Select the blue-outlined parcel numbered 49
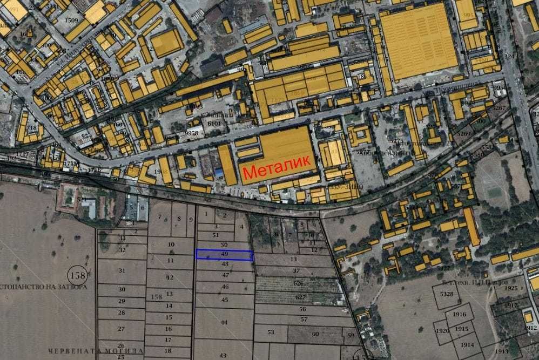click(224, 255)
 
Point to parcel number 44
click(224, 322)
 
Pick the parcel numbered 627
click(301, 297)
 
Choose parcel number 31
click(122, 270)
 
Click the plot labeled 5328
click(447, 294)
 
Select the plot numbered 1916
click(460, 315)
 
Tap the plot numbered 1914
click(467, 345)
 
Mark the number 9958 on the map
click(191, 133)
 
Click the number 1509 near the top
click(71, 21)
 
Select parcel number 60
click(315, 334)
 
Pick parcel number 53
click(270, 332)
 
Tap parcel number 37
click(296, 270)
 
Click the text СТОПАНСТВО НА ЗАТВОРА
click(43, 287)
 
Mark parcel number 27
click(122, 329)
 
